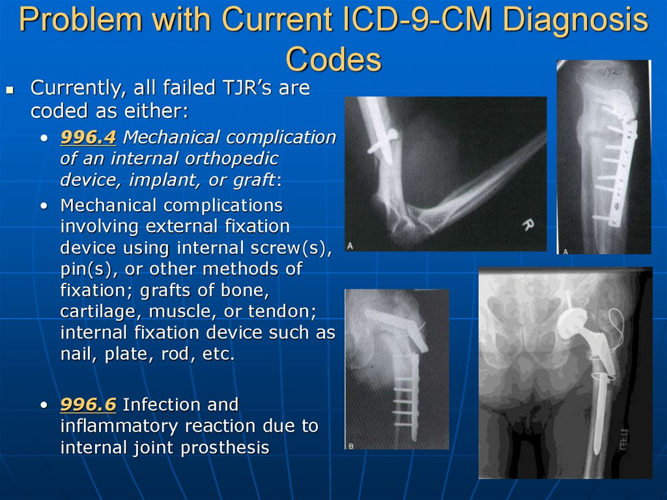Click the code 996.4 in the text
pyautogui.click(x=88, y=137)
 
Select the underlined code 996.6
pyautogui.click(x=88, y=405)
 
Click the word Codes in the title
pyautogui.click(x=333, y=59)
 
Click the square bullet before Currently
pyautogui.click(x=10, y=89)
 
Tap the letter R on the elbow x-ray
pyautogui.click(x=528, y=224)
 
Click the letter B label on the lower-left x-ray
pyautogui.click(x=351, y=446)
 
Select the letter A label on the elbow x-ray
pyautogui.click(x=350, y=246)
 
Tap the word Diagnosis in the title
pyautogui.click(x=576, y=20)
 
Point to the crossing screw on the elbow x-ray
pyautogui.click(x=382, y=141)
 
